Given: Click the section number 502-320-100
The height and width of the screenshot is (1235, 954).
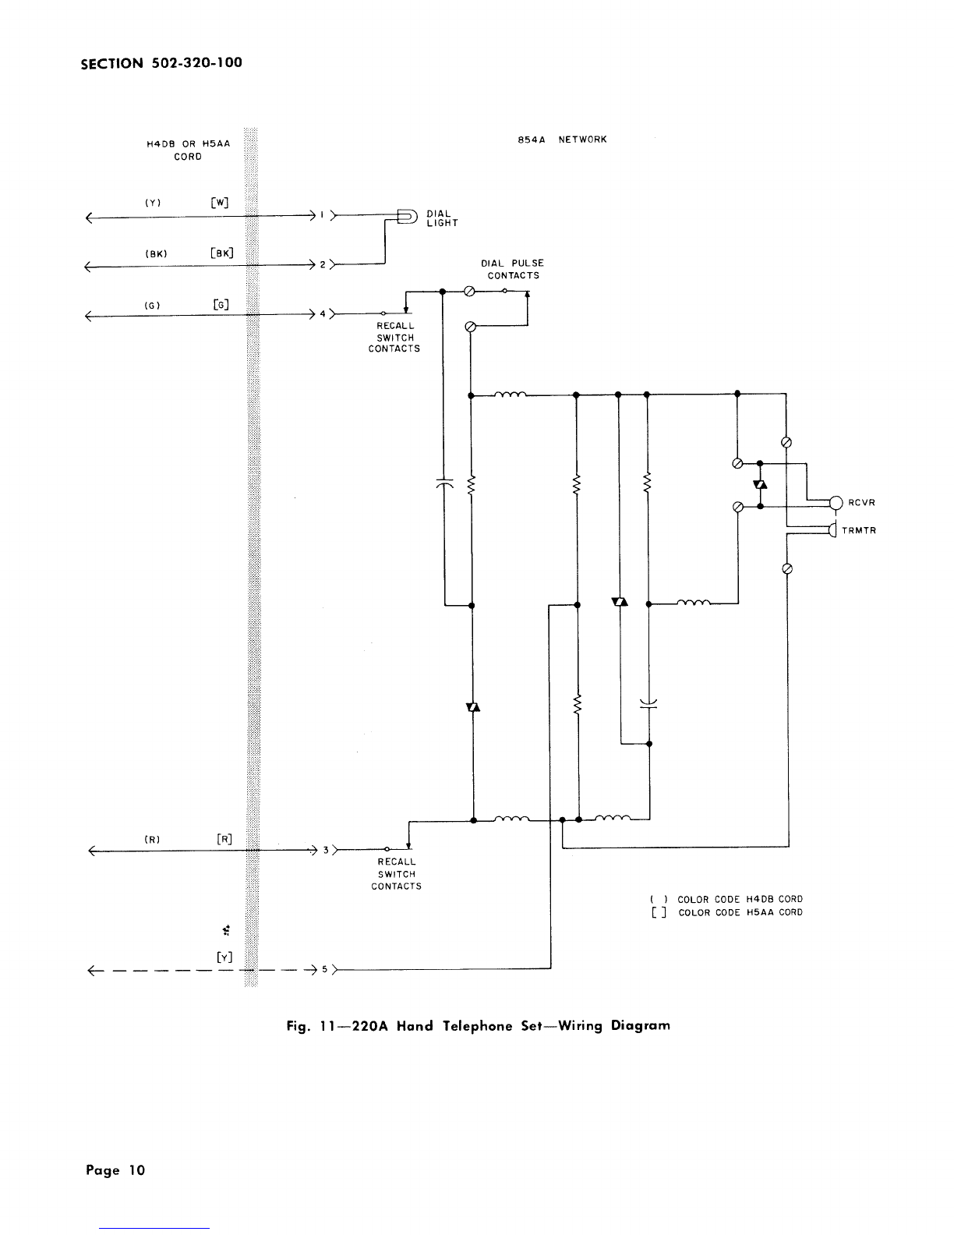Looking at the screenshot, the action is pos(196,62).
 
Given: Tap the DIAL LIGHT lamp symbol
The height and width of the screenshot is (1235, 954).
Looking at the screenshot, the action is pos(408,217).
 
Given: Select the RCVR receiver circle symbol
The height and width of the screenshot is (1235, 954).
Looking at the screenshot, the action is pos(836,502).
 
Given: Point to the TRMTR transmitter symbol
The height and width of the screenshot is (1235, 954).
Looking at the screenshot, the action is pos(833,530).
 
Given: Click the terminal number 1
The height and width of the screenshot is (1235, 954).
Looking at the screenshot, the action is pos(322,215).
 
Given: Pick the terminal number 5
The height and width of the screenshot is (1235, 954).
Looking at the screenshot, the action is pos(325,969).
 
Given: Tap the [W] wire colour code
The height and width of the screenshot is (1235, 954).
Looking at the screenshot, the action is pos(219,203).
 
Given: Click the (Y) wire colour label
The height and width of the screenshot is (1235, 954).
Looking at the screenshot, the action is pos(153,203).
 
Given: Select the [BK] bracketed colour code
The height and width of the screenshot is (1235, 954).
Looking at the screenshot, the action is pos(221,253).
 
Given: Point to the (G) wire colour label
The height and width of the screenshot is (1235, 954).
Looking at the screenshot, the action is pos(152,306).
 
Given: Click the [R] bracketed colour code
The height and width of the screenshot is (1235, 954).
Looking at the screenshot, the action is pos(224,839).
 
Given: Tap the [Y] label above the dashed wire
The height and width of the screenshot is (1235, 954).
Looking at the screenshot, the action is pos(224,957).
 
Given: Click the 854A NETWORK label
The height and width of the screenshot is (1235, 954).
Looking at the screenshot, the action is pos(562,140).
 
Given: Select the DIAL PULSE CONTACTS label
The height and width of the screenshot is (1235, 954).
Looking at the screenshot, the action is pos(513,270).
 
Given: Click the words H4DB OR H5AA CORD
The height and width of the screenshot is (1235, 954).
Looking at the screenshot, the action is pos(188,150).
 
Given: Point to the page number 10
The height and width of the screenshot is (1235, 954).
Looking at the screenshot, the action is pos(136,1170).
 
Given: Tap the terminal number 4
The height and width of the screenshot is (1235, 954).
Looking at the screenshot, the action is pos(323,313).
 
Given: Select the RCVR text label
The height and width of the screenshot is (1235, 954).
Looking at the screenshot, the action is pos(861,502).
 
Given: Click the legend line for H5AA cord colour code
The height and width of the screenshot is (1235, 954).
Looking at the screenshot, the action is pos(727,912).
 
